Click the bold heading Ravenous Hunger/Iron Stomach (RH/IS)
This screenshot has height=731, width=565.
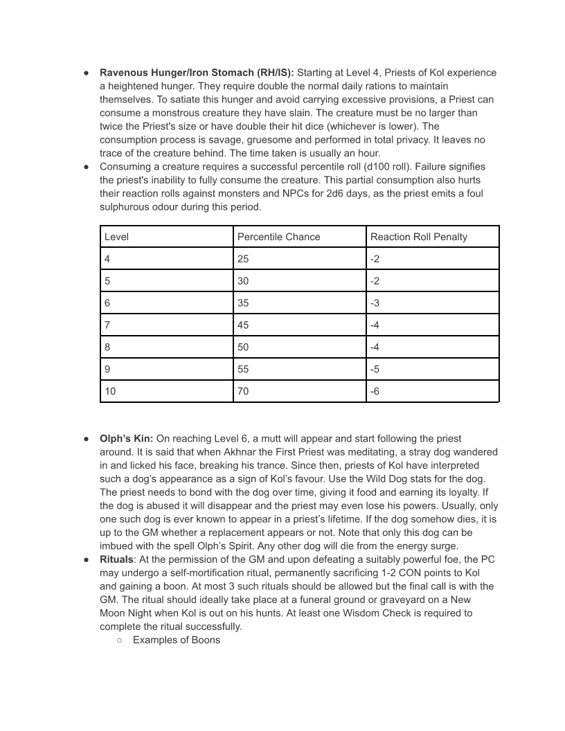click(x=197, y=73)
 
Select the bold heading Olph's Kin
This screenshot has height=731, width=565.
click(x=126, y=439)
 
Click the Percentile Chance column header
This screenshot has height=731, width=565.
click(x=278, y=237)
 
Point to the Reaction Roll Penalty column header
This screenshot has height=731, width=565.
click(x=418, y=237)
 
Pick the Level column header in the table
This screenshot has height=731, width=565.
click(x=116, y=237)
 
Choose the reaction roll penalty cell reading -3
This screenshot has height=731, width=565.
click(x=375, y=303)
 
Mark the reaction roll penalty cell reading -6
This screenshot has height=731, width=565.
click(x=375, y=392)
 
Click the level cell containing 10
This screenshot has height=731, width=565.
click(x=110, y=392)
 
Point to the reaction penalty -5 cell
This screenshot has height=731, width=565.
click(x=375, y=370)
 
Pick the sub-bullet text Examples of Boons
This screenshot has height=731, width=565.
click(x=176, y=640)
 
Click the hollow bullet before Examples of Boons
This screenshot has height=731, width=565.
click(x=120, y=640)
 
